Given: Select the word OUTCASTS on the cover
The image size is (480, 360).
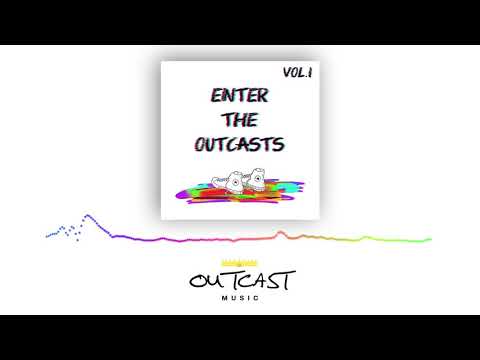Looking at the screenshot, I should coord(239,144).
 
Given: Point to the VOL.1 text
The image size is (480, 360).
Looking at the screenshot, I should coord(298,72).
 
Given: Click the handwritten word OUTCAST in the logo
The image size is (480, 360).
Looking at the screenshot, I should coord(240,279).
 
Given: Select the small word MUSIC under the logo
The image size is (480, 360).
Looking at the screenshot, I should coord(240,297).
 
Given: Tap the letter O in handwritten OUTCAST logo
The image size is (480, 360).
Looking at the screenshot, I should coord(196,280).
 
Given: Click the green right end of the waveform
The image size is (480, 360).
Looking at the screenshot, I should coord(428,240).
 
